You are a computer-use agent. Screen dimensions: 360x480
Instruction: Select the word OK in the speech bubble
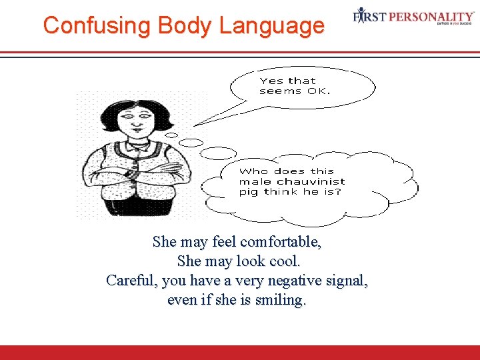click(317, 91)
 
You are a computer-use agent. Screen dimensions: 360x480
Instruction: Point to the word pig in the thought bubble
click(249, 192)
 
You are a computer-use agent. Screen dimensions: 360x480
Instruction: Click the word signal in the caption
click(343, 280)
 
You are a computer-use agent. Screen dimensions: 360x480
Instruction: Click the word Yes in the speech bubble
click(271, 81)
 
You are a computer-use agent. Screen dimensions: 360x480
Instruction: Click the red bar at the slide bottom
click(240, 353)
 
